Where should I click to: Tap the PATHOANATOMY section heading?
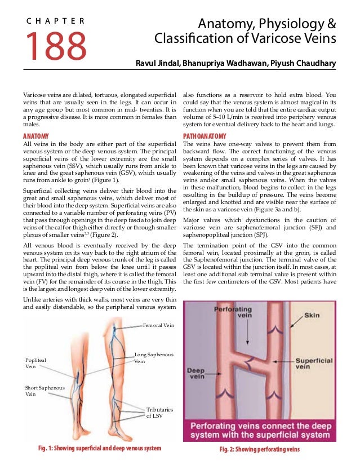(205, 136)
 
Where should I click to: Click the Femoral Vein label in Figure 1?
(158, 325)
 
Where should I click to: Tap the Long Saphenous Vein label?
(153, 357)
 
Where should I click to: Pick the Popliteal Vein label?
(36, 362)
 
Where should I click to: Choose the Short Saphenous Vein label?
(45, 391)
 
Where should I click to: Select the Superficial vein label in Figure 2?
(314, 364)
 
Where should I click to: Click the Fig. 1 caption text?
(99, 449)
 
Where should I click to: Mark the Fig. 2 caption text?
(259, 449)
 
